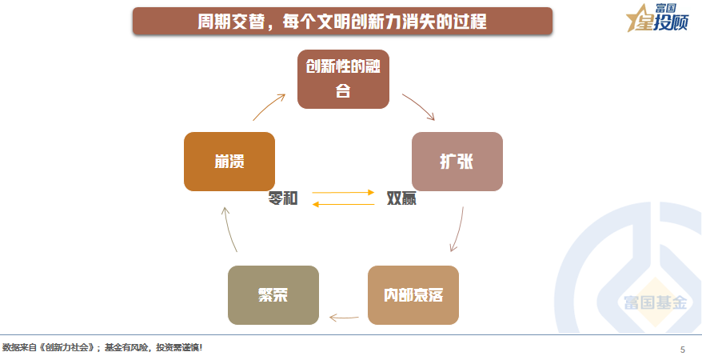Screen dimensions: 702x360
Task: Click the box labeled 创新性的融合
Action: pyautogui.click(x=343, y=79)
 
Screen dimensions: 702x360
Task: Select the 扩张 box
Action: pyautogui.click(x=457, y=162)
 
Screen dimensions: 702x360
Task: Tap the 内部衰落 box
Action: pyautogui.click(x=413, y=295)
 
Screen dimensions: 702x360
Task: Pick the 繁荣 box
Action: pyautogui.click(x=273, y=295)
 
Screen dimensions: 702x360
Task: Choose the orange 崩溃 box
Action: pyautogui.click(x=229, y=162)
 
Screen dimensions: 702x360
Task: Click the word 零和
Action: pyautogui.click(x=283, y=198)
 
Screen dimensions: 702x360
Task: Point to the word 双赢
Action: pyautogui.click(x=401, y=198)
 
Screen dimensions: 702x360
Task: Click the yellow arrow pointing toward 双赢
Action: pyautogui.click(x=343, y=193)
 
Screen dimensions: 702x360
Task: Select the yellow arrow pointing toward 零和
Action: pyautogui.click(x=343, y=204)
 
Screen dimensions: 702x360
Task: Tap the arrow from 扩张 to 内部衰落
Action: pyautogui.click(x=459, y=230)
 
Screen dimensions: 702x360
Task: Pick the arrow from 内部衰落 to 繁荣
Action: pyautogui.click(x=344, y=318)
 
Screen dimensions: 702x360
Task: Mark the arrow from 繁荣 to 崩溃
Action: pyautogui.click(x=229, y=228)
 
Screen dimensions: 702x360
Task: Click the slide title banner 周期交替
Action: pyautogui.click(x=342, y=21)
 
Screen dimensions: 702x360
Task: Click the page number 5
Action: pyautogui.click(x=683, y=350)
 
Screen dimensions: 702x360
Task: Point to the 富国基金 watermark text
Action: pyautogui.click(x=656, y=302)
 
